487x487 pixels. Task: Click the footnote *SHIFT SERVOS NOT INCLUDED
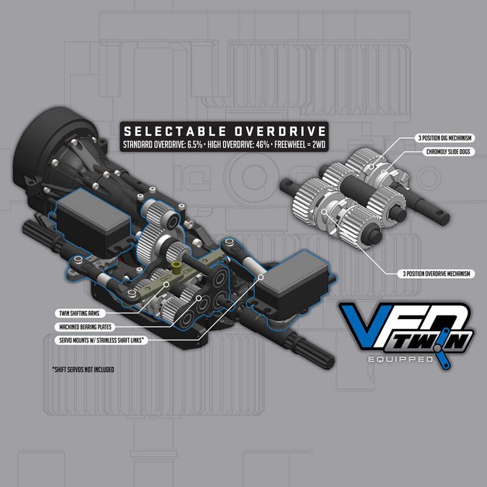[83, 370]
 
